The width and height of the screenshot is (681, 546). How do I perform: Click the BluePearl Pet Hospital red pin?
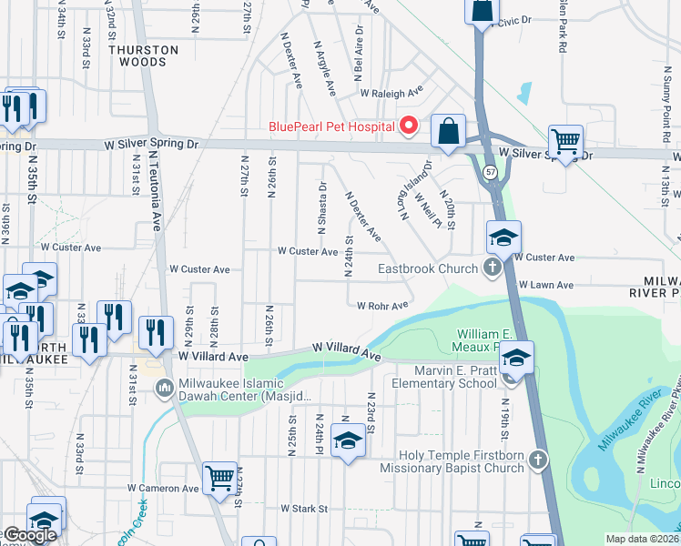tap(409, 126)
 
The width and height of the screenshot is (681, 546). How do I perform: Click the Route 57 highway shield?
tap(491, 172)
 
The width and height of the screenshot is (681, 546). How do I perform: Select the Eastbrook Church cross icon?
tap(493, 268)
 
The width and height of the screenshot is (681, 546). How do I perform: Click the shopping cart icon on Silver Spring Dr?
tap(565, 142)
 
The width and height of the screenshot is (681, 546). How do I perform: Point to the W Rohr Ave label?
tap(382, 306)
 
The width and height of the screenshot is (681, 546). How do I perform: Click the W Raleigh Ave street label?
tap(391, 93)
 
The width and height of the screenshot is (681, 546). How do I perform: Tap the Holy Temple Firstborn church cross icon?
tap(538, 460)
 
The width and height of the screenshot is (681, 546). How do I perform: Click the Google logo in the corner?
tap(29, 536)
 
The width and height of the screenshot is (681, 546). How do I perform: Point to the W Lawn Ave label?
tap(547, 285)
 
